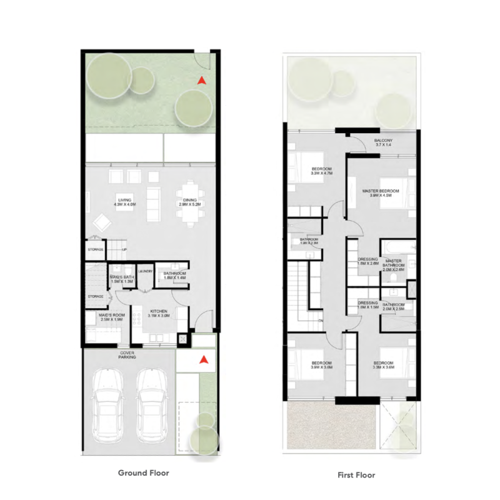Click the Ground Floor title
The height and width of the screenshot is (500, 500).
pos(143,473)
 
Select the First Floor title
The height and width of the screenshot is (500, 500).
pos(356,475)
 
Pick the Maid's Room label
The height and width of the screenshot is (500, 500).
pos(112,317)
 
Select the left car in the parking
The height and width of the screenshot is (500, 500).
pos(106,403)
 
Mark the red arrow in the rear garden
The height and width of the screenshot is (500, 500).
pos(201,80)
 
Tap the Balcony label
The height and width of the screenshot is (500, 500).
pos(383,142)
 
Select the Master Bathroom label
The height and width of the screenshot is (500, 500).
pos(394,263)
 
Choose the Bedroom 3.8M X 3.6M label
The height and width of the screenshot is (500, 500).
pos(321,366)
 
